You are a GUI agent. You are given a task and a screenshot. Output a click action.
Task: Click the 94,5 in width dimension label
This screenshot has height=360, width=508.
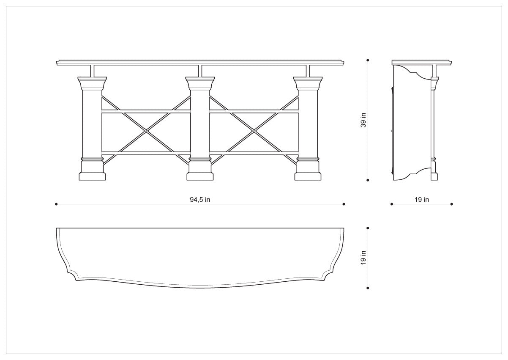coord(200,200)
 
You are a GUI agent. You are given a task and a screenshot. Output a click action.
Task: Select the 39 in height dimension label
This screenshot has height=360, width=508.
coord(363,120)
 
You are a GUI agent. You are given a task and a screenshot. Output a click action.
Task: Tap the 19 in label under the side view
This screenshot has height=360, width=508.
coord(422,200)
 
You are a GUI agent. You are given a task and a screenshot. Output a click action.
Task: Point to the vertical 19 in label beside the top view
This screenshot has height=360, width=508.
coord(363,258)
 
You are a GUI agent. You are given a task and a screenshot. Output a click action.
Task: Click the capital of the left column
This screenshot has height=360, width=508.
coord(92,83)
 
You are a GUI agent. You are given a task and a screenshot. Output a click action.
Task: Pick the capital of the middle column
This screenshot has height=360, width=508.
coord(200,83)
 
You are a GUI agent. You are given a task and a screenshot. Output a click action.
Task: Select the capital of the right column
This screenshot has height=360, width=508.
coord(308,83)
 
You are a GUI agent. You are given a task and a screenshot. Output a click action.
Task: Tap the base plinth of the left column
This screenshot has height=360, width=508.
coord(92,177)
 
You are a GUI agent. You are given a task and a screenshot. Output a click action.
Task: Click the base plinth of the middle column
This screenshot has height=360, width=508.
coord(200,177)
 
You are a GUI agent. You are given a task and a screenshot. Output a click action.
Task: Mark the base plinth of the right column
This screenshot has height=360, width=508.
coord(308,177)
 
